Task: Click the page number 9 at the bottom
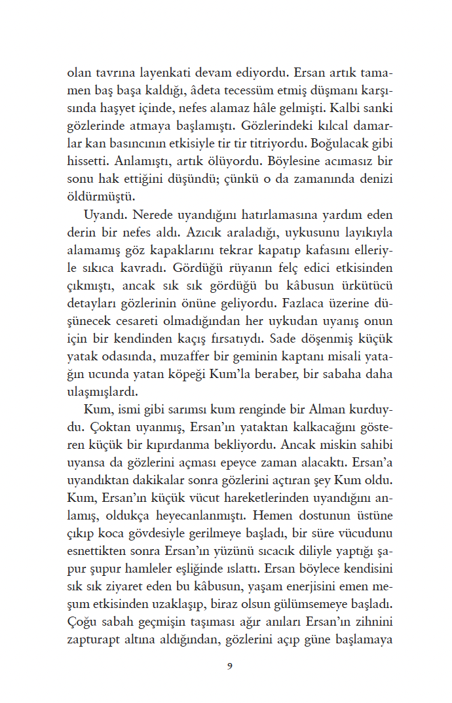click(x=229, y=667)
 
